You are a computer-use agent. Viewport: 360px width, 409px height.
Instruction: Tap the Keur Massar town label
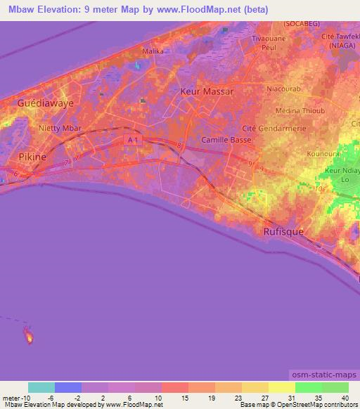pyautogui.click(x=207, y=92)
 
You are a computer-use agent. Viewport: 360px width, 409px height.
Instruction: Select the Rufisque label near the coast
pyautogui.click(x=282, y=231)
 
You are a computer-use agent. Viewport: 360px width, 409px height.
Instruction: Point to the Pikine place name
pyautogui.click(x=32, y=157)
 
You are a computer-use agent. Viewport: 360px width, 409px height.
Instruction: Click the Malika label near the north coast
pyautogui.click(x=153, y=51)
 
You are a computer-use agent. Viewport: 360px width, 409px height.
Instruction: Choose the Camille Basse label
pyautogui.click(x=226, y=140)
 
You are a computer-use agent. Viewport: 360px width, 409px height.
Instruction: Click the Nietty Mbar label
pyautogui.click(x=60, y=128)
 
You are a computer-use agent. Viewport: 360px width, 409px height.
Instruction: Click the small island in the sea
pyautogui.click(x=29, y=336)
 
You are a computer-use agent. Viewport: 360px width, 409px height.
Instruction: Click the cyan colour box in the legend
pyautogui.click(x=41, y=387)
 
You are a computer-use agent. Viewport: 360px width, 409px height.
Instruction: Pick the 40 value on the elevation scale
pyautogui.click(x=344, y=398)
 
